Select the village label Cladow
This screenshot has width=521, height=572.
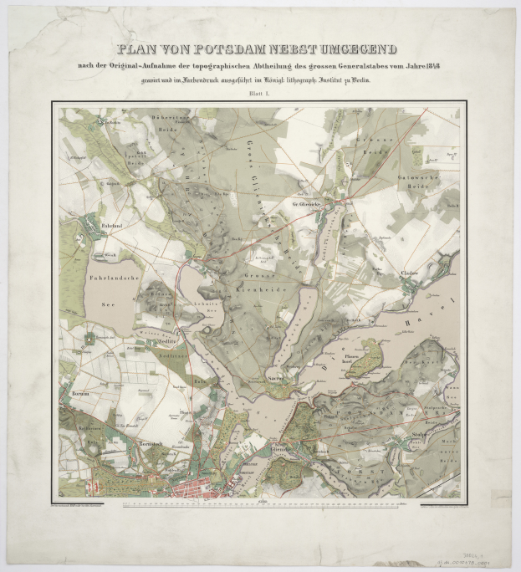point(408,273)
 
